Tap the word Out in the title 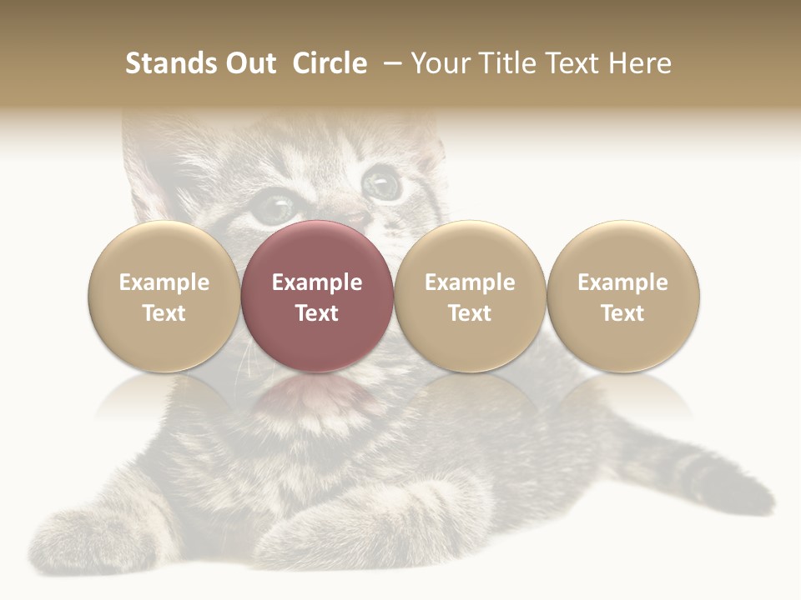(249, 63)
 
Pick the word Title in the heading (506, 63)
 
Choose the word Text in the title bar (574, 63)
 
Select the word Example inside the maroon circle (317, 282)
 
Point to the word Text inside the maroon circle (317, 313)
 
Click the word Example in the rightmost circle (622, 282)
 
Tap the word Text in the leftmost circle (164, 313)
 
